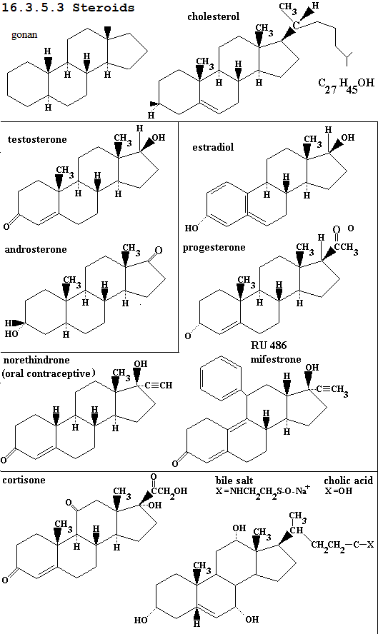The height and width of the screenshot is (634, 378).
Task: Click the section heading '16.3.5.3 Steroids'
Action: (68, 7)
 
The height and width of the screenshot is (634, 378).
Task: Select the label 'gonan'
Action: (24, 35)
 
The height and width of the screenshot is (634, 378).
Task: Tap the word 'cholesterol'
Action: (213, 16)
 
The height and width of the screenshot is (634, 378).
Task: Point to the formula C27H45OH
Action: (346, 85)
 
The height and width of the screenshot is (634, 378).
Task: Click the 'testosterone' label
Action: (37, 139)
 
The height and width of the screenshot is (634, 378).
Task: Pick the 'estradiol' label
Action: (213, 147)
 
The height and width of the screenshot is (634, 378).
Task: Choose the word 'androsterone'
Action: (36, 249)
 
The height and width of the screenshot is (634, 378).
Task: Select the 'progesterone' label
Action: (214, 248)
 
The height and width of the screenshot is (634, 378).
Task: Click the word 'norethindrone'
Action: (36, 360)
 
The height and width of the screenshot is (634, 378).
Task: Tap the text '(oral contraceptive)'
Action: (49, 373)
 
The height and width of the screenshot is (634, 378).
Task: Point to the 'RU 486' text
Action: (269, 346)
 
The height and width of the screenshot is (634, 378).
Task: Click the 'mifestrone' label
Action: (276, 359)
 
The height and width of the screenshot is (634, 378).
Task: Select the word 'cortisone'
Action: (24, 480)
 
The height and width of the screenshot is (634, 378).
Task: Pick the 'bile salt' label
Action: (234, 480)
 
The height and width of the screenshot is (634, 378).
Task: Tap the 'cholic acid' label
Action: (348, 480)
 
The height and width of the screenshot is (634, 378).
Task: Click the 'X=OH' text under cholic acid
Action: (338, 491)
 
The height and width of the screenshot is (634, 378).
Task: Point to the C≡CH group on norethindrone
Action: (159, 385)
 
